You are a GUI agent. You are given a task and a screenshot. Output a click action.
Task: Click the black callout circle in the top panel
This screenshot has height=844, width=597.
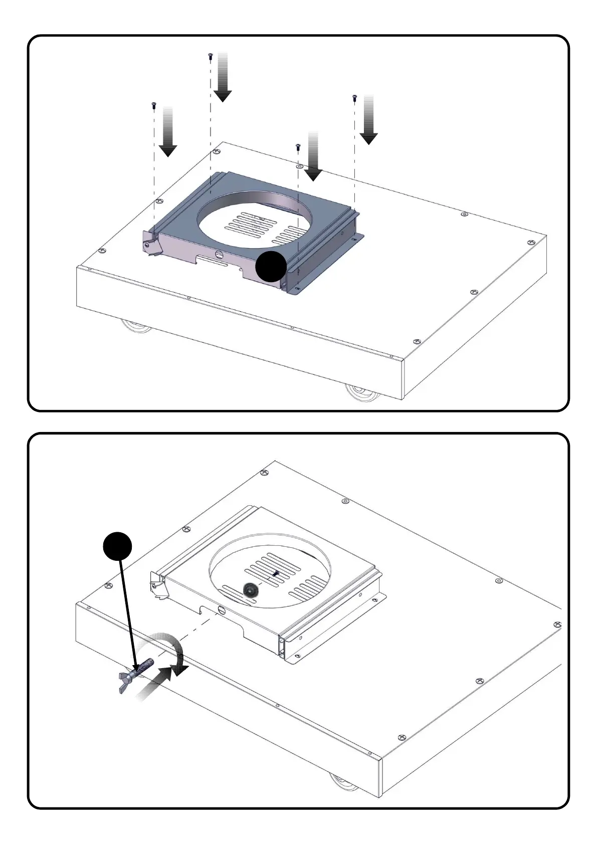click(271, 267)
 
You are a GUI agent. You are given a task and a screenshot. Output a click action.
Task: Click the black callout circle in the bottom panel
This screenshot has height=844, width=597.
click(117, 546)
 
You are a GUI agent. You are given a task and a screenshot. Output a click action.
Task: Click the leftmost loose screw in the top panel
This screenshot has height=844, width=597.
click(154, 105)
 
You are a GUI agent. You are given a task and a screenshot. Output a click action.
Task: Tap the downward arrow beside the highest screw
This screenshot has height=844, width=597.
click(223, 78)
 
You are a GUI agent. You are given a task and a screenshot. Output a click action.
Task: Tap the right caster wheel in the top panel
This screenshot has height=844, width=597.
click(362, 393)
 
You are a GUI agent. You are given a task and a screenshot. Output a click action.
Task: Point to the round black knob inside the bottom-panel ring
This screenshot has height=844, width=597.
click(250, 590)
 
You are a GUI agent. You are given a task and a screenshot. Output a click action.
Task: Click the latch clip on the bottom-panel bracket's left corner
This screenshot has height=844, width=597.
click(157, 585)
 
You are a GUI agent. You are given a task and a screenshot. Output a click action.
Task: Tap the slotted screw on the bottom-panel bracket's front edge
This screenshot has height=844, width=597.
click(222, 610)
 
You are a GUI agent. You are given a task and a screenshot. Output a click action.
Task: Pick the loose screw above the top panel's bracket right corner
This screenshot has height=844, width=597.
click(298, 147)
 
